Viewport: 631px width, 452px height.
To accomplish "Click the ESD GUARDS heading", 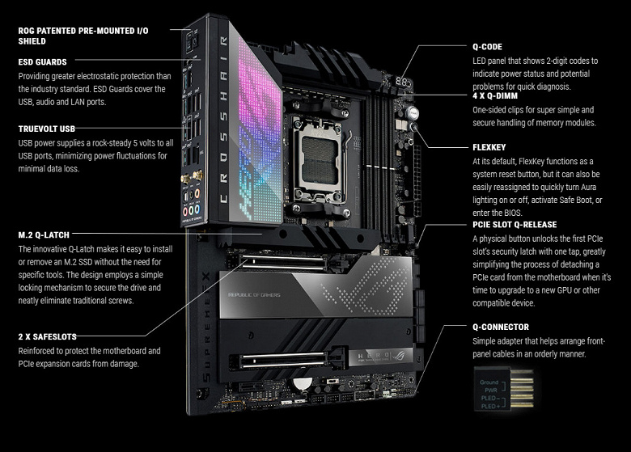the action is (43, 62).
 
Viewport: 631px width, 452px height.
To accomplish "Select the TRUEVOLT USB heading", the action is (47, 129).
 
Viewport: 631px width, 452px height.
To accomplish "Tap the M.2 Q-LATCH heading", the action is (44, 234).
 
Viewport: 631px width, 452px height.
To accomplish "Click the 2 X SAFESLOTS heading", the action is (48, 336).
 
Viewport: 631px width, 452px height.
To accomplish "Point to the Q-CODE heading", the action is (487, 47).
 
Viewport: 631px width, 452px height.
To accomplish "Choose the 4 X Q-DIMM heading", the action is (495, 95).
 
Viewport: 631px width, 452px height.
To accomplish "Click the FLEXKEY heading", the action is (489, 147).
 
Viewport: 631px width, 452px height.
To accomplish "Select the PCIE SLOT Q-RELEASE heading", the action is (515, 225).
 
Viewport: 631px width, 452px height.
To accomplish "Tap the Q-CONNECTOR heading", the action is (501, 327).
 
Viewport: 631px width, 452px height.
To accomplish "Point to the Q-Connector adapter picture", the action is (504, 389).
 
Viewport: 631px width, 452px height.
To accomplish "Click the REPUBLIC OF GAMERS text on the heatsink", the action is (254, 295).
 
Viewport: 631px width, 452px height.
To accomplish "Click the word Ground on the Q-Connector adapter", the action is (489, 382).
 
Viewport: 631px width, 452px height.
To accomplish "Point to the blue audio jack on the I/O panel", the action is (197, 209).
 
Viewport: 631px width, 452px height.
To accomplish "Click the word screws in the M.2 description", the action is (120, 301).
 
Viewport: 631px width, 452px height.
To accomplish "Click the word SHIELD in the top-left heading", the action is (32, 41).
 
